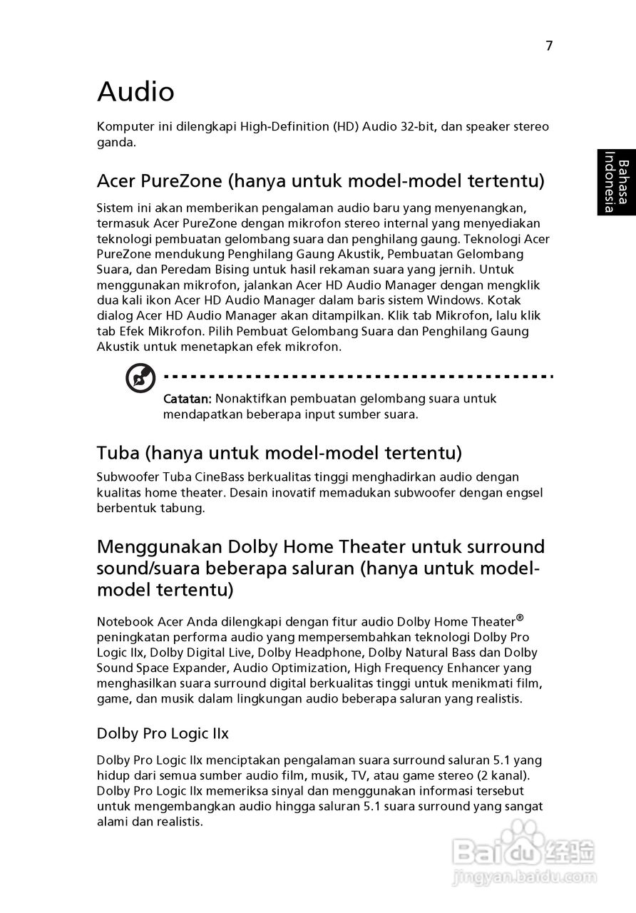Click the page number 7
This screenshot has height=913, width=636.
pyautogui.click(x=549, y=46)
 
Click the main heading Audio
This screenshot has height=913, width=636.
pyautogui.click(x=135, y=91)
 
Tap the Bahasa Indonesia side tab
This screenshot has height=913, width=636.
pyautogui.click(x=617, y=182)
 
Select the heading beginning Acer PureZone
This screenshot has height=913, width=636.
pyautogui.click(x=320, y=180)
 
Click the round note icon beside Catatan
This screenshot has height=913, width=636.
pyautogui.click(x=140, y=378)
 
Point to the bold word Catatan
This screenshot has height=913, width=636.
pyautogui.click(x=188, y=398)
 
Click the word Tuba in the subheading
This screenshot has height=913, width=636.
pyautogui.click(x=119, y=452)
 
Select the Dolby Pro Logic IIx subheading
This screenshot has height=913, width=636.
pyautogui.click(x=163, y=733)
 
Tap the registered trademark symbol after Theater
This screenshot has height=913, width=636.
pyautogui.click(x=520, y=617)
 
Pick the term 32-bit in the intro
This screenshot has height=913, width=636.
pyautogui.click(x=415, y=126)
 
